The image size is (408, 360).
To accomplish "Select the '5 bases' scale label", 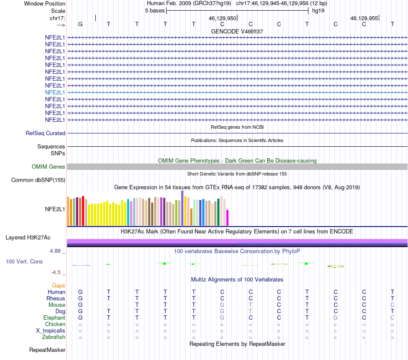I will (x=155, y=10).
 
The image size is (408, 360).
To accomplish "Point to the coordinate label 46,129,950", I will (x=222, y=18).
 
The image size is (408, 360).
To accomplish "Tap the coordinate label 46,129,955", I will (x=364, y=18).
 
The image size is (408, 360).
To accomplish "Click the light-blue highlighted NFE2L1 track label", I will (x=55, y=92).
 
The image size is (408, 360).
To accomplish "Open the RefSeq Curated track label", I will (x=46, y=133).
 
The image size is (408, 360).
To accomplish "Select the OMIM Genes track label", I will (x=49, y=166).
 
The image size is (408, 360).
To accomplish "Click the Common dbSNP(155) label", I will (x=38, y=180).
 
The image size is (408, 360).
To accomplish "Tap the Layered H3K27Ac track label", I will (x=28, y=237).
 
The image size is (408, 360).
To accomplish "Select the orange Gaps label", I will (x=58, y=285).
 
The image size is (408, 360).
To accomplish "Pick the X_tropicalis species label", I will (x=51, y=331).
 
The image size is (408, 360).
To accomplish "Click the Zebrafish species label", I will (x=54, y=337).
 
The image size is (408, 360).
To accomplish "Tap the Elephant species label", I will (x=54, y=318).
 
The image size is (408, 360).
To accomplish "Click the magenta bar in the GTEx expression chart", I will (x=228, y=218).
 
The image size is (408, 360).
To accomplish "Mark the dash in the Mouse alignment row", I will (x=109, y=305).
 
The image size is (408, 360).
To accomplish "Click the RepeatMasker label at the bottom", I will (x=47, y=350).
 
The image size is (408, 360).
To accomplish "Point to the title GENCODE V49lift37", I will (x=237, y=31).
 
